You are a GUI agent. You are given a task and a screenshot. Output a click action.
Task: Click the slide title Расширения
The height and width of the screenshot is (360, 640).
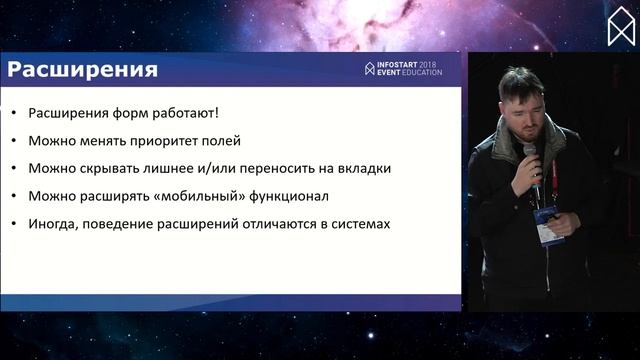click(x=83, y=70)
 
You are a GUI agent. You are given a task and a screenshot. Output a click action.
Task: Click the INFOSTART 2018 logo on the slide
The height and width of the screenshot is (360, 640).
click(x=403, y=69)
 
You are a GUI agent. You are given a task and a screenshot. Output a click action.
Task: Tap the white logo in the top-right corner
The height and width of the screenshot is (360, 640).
click(x=621, y=26)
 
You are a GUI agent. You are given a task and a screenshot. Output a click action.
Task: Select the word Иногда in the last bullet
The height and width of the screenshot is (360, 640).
click(x=52, y=224)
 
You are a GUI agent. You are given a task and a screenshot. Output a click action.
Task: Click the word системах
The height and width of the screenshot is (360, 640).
click(x=356, y=224)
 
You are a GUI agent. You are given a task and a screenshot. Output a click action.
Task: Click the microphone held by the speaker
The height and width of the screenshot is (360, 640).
click(x=531, y=160)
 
